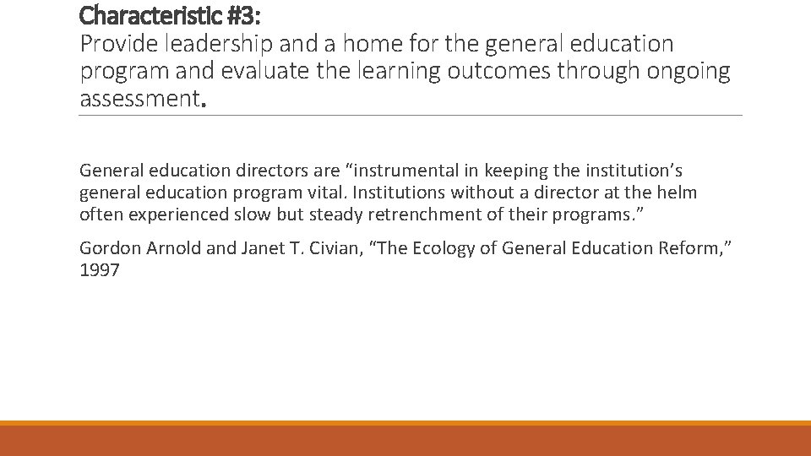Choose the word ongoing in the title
688,71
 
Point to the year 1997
99,271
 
